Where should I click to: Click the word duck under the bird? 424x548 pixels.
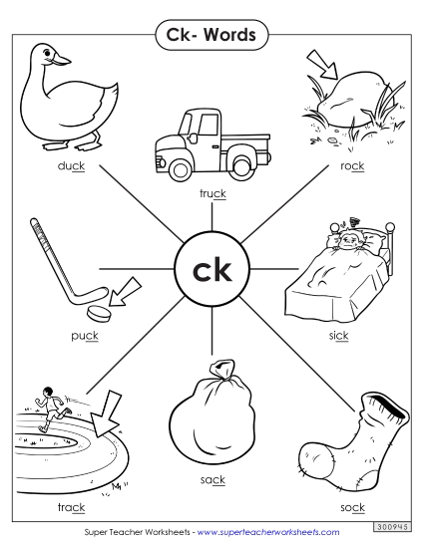[x=70, y=165]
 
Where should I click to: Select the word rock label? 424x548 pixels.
[x=351, y=165]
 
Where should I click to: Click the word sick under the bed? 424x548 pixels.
[x=339, y=336]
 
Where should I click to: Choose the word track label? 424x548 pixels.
[x=71, y=479]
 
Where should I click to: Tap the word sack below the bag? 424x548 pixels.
[x=212, y=479]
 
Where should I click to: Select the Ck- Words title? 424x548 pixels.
[x=212, y=36]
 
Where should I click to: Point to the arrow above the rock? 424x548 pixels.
[x=321, y=65]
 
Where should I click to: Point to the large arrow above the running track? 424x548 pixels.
[x=103, y=408]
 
